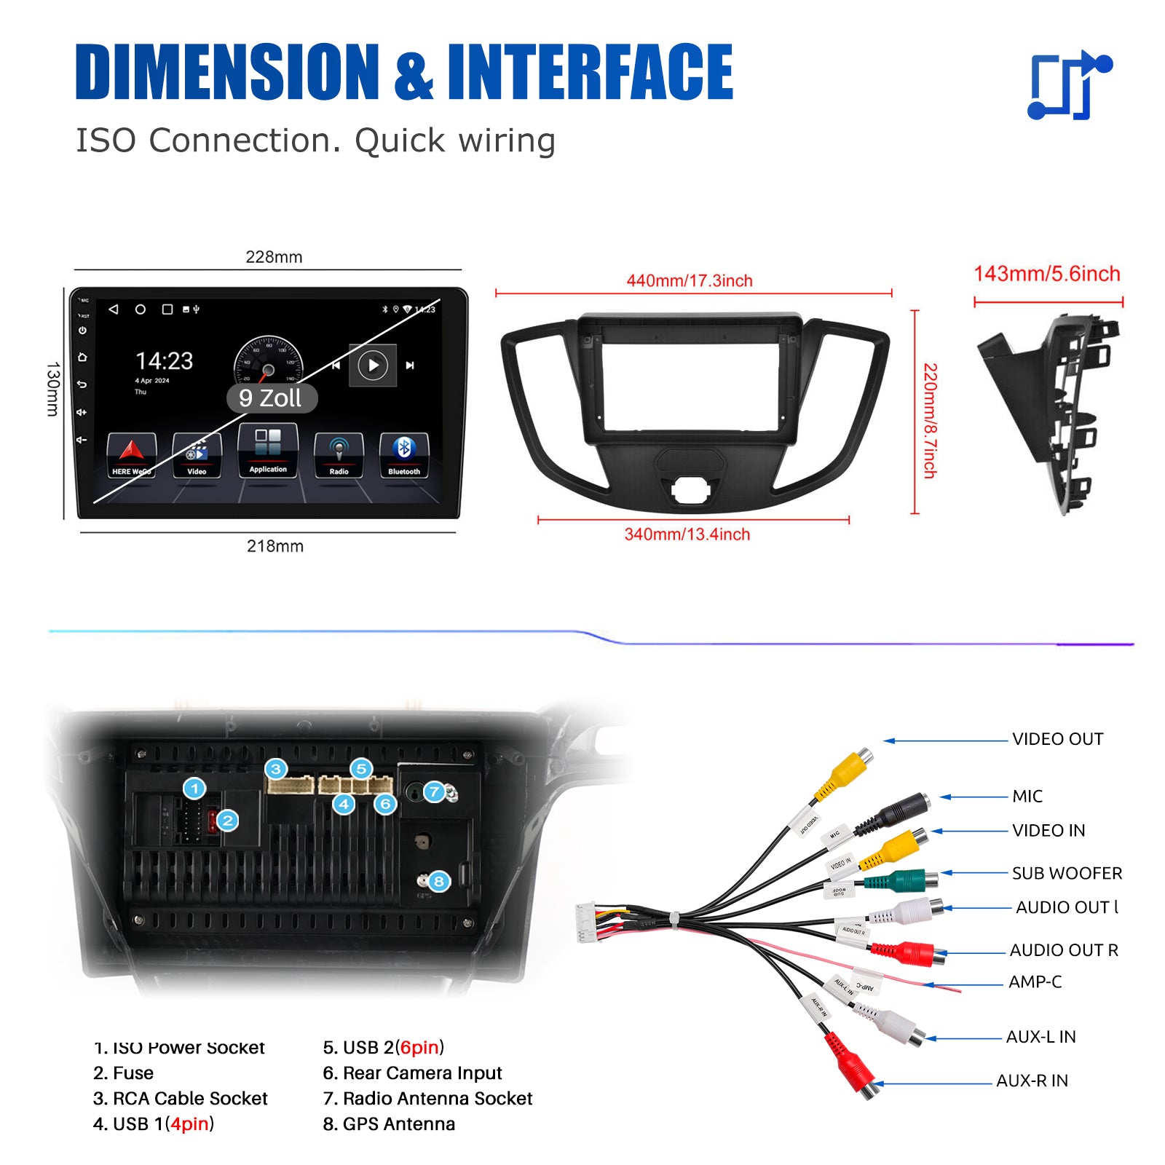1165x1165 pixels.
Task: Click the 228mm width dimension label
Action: tap(274, 257)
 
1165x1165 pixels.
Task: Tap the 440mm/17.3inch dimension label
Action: tap(690, 281)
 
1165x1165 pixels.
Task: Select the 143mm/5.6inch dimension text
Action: tap(1047, 274)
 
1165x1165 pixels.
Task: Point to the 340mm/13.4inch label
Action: tap(687, 534)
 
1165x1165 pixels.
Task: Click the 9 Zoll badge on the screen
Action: tap(271, 398)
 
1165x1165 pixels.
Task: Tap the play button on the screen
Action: tap(373, 365)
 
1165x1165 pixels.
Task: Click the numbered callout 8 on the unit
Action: tap(438, 882)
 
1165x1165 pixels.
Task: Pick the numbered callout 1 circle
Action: tap(194, 789)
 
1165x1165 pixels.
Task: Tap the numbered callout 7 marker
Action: tap(435, 791)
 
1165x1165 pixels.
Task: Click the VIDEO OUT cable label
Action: tap(1057, 739)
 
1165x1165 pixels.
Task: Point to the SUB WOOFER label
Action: tap(1067, 873)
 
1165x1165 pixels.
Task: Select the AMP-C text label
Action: tap(1035, 982)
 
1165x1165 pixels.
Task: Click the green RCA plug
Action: tap(903, 881)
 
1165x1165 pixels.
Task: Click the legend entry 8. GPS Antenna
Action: tap(389, 1124)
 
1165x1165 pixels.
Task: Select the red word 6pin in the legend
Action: tap(420, 1047)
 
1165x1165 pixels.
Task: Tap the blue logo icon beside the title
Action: tap(1069, 86)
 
